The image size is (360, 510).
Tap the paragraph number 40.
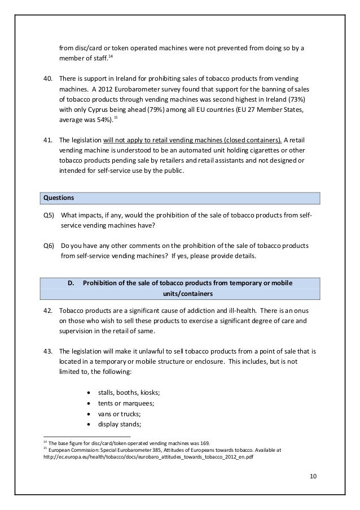tap(48, 77)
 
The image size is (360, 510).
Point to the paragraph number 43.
tap(48, 351)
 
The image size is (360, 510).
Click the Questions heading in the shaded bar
tap(59, 198)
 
